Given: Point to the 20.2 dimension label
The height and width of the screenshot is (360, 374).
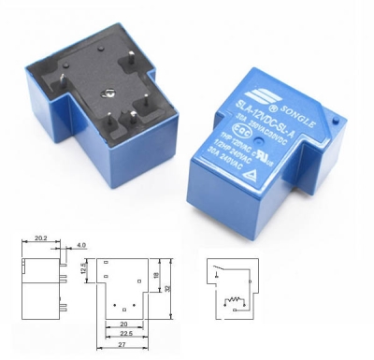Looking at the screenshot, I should tap(40, 238).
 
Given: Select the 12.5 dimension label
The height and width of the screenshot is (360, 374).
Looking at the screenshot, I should tap(82, 269).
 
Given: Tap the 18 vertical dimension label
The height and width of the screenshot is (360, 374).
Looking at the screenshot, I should tap(155, 274).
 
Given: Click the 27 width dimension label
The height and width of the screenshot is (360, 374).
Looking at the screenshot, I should tap(124, 346).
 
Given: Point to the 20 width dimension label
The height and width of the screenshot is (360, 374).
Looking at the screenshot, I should tap(123, 324).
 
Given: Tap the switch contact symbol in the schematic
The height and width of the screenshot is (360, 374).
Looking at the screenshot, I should tap(222, 273).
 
